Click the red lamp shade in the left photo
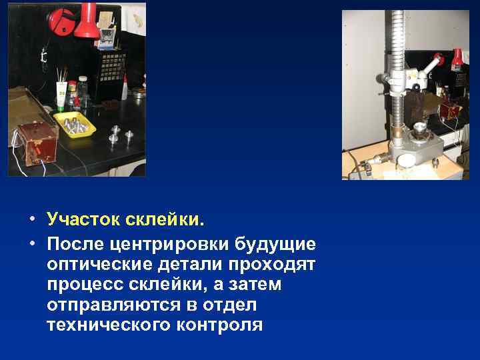coord(86,23)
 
